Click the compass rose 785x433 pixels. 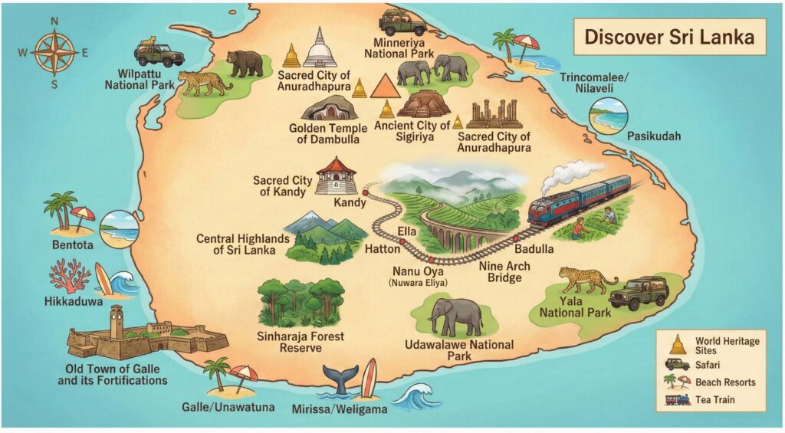[x=54, y=51]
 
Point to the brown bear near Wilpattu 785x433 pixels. [x=245, y=64]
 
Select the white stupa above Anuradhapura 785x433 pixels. [x=319, y=48]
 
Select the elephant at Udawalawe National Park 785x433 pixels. [x=455, y=316]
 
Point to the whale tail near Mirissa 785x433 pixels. [x=340, y=379]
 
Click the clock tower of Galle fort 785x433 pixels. [x=116, y=320]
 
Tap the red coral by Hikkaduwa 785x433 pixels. [x=70, y=275]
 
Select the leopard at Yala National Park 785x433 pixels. [x=586, y=280]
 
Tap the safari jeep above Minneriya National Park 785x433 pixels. [x=402, y=23]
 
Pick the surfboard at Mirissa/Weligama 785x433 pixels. [x=369, y=378]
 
